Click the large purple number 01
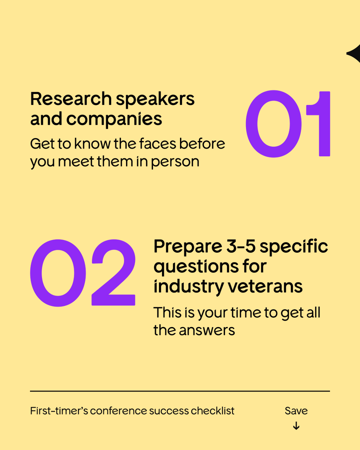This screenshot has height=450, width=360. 288,124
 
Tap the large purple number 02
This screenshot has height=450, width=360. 82,273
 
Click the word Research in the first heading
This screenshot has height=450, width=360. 71,99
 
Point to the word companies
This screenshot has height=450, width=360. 114,119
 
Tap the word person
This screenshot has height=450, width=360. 175,162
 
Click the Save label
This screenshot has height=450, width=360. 296,411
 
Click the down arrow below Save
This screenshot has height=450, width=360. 296,426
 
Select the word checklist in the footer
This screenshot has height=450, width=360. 213,411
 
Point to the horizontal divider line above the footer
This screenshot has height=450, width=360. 180,391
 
